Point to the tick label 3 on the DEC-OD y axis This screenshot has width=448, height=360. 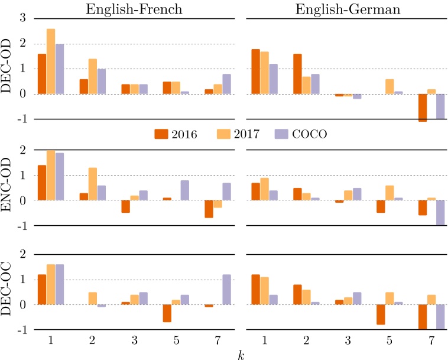click(24, 18)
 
